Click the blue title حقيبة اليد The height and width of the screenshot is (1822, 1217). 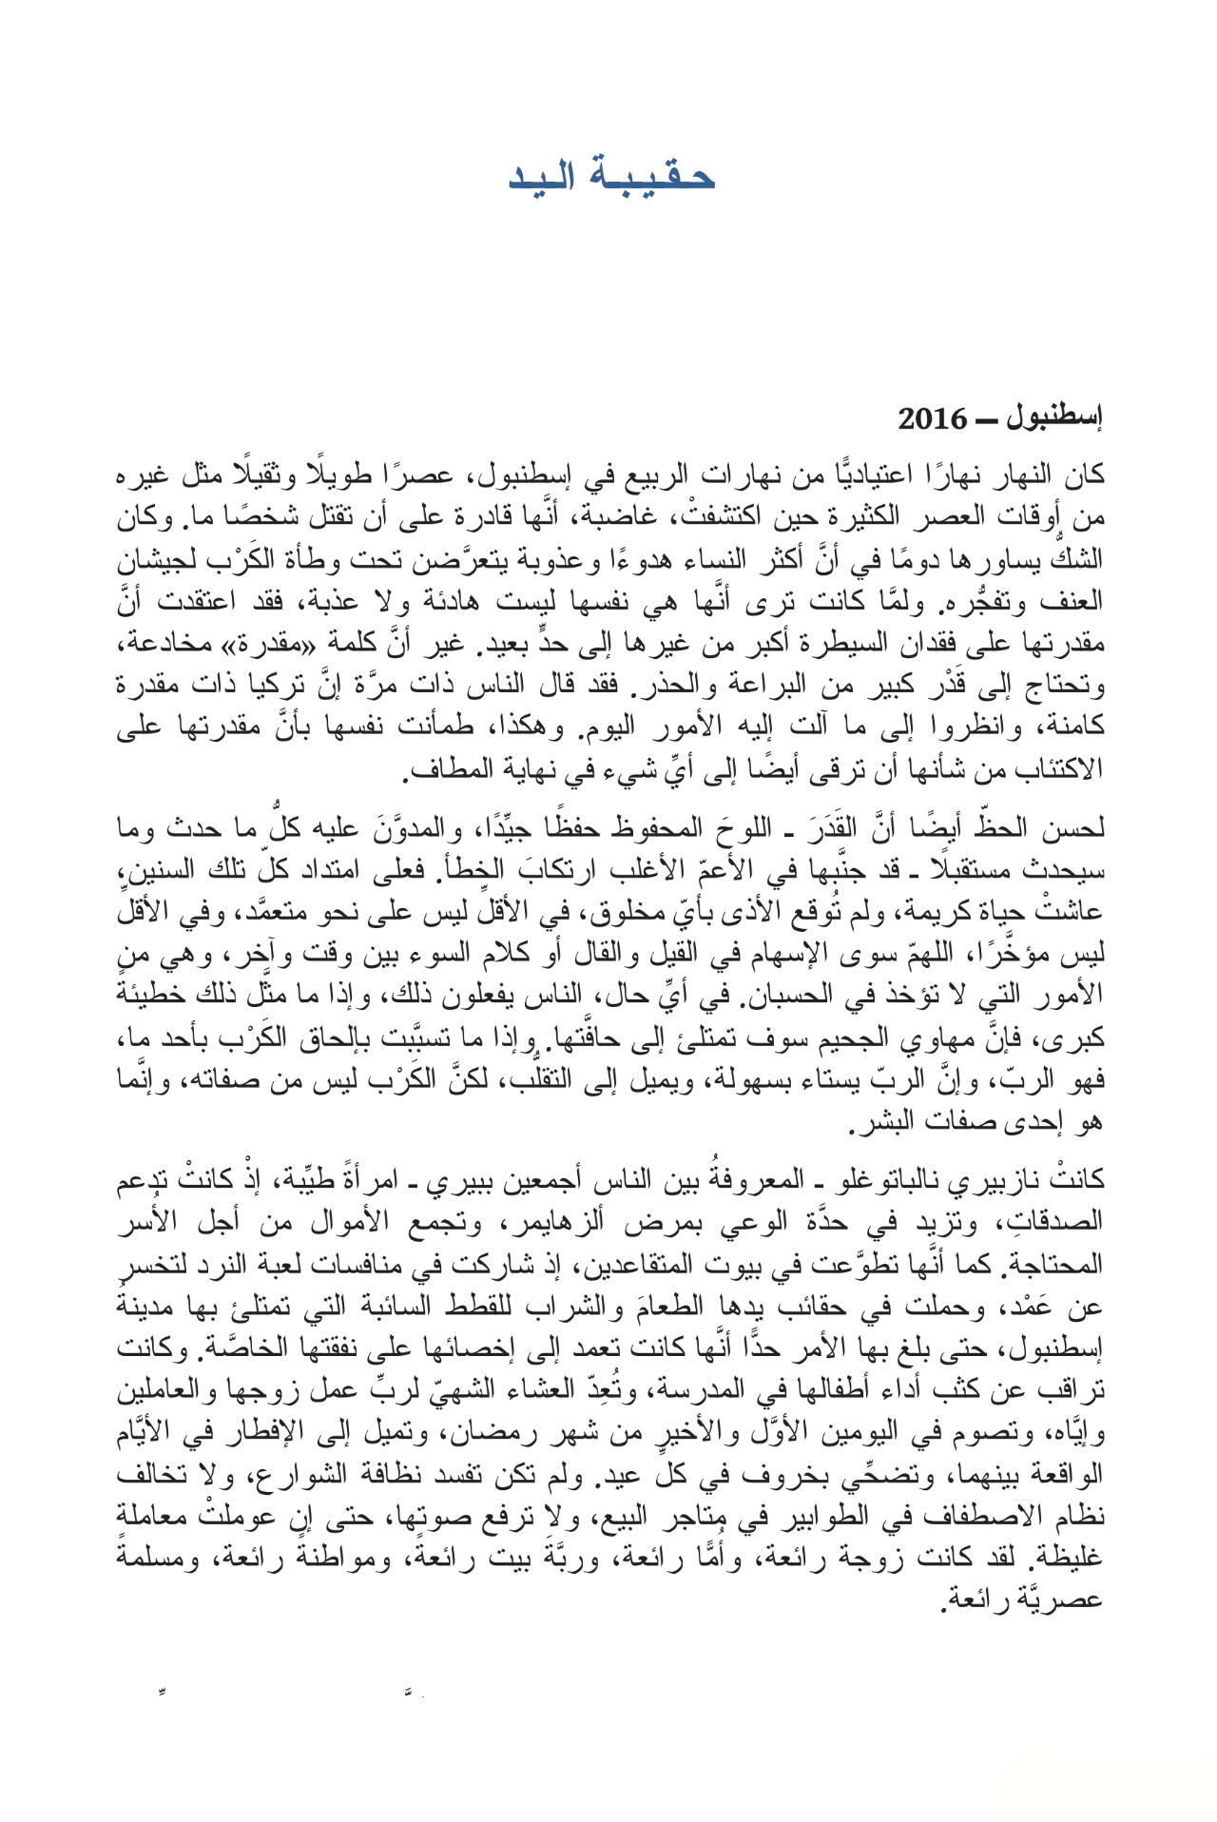pyautogui.click(x=611, y=176)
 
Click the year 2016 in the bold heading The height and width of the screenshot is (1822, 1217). pyautogui.click(x=933, y=418)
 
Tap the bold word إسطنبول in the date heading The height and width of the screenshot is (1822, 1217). pyautogui.click(x=1054, y=418)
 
